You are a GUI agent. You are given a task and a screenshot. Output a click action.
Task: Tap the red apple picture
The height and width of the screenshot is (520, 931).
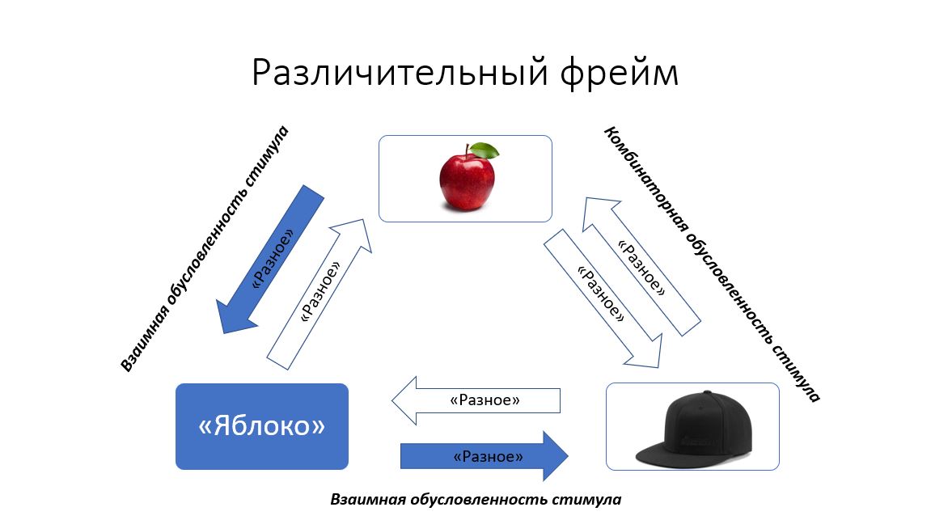tap(467, 179)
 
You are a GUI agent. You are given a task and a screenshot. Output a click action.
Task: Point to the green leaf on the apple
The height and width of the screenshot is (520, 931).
tap(485, 150)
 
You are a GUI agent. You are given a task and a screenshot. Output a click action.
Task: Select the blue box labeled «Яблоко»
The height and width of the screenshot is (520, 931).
tap(262, 426)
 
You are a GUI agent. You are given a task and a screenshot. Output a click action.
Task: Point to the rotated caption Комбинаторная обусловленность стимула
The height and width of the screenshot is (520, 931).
tap(712, 264)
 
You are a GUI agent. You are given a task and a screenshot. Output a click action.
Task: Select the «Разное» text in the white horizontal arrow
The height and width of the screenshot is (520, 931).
tap(485, 400)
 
